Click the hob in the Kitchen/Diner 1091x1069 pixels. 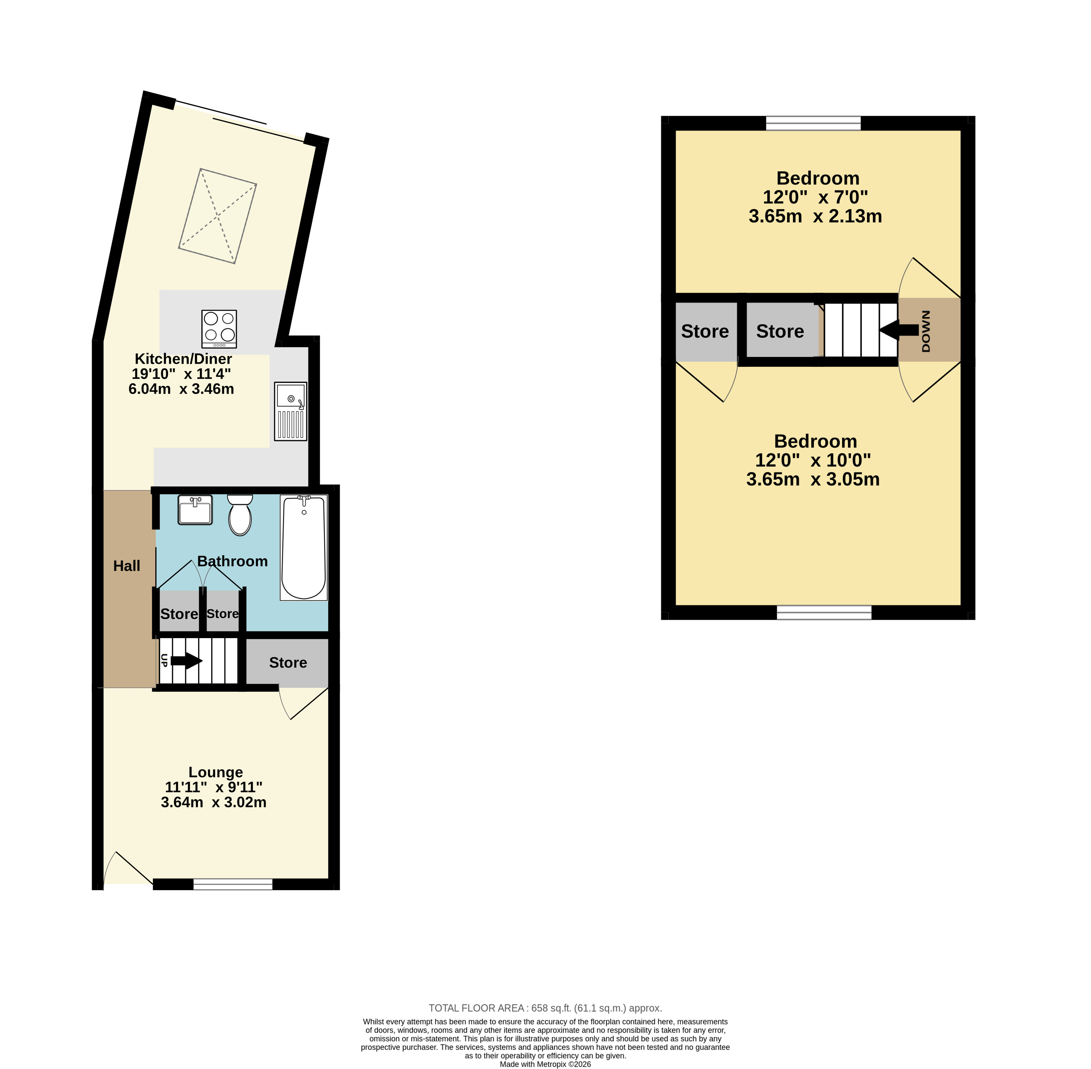tap(219, 329)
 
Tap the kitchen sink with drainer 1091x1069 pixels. tap(291, 411)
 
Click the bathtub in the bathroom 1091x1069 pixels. tap(304, 548)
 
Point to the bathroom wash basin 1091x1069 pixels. tap(195, 510)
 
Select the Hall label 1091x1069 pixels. tap(127, 566)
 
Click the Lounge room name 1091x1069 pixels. tap(216, 773)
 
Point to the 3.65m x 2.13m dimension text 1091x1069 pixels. tap(815, 216)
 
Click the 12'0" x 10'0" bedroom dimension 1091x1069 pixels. tap(813, 460)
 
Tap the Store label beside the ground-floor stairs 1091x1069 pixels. tap(288, 662)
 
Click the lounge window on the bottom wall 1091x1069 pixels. tap(233, 884)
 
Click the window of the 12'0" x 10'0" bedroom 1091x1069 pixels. tap(824, 613)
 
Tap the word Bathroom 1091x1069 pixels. tap(232, 562)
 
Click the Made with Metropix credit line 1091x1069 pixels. tap(545, 1064)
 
